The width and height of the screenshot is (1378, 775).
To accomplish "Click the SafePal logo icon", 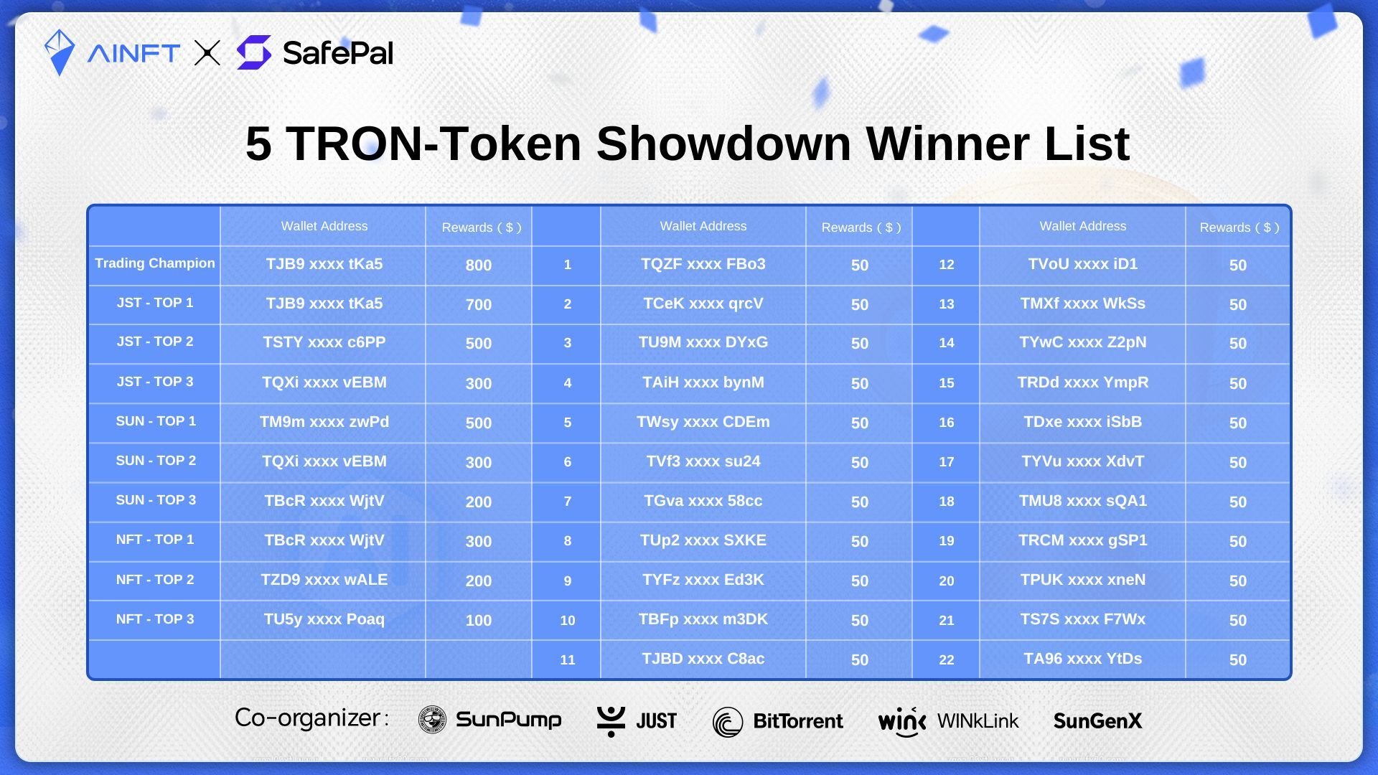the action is (254, 52).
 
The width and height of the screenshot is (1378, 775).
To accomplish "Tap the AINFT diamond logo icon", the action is (60, 52).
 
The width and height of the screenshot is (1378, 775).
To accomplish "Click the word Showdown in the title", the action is (724, 144).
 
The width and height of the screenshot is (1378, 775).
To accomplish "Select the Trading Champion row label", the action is (155, 263).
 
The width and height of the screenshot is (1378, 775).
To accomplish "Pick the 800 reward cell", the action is (479, 266).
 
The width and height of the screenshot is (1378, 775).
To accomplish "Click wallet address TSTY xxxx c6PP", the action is (324, 342).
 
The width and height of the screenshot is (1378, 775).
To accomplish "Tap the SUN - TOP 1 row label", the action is (156, 421).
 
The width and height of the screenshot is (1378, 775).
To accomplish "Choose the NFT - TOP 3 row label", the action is (155, 619).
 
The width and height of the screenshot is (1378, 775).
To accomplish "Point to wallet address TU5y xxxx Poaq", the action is (324, 619).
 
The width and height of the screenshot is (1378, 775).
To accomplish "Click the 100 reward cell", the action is (479, 621).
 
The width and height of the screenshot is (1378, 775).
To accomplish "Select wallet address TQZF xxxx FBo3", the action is (703, 264).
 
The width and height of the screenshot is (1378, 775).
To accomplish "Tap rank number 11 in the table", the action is (568, 660).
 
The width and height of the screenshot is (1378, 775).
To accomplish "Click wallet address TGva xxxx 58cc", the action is (703, 501).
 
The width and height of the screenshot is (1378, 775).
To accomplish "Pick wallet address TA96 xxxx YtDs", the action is (1083, 659).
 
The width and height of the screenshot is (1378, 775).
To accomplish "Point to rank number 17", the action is (947, 462).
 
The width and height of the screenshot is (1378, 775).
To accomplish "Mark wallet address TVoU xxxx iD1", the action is (1083, 264).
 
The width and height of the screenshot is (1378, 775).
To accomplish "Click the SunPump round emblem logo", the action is (432, 720).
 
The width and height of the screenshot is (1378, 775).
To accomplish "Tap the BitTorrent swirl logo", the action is (728, 722).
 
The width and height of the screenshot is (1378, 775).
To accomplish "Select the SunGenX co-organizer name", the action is (1097, 721).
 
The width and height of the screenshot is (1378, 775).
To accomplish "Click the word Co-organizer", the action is (307, 718).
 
